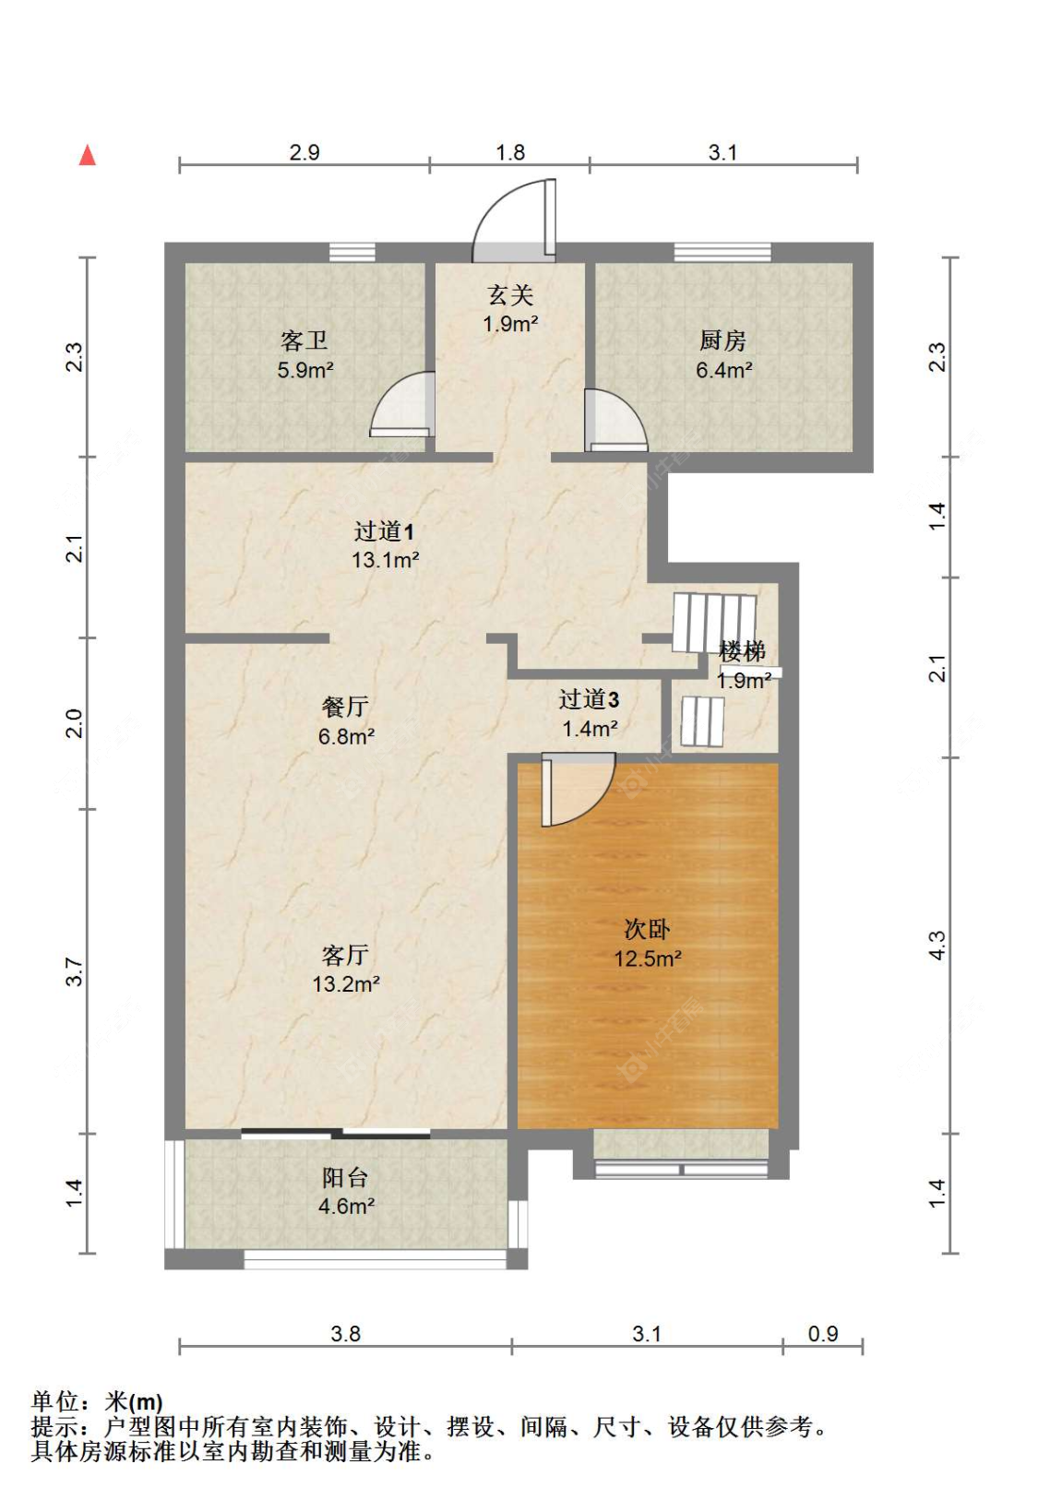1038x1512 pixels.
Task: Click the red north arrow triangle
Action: (x=88, y=155)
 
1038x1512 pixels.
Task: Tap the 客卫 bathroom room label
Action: (x=304, y=341)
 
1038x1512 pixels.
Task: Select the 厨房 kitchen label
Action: (x=722, y=341)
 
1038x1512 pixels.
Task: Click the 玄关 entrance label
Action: (x=510, y=296)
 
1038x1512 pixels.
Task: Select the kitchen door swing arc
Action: (x=614, y=421)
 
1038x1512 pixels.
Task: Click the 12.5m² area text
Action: (x=648, y=958)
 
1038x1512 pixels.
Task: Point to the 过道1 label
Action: (x=385, y=531)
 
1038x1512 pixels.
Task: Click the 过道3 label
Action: (x=589, y=700)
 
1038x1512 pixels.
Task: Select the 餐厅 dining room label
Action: (x=345, y=708)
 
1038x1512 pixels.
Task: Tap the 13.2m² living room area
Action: (x=346, y=984)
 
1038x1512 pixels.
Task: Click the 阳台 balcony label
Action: (x=345, y=1178)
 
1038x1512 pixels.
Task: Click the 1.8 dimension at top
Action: (x=510, y=152)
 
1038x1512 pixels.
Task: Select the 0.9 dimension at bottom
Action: (x=822, y=1334)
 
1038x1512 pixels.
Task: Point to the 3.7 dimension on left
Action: (x=74, y=971)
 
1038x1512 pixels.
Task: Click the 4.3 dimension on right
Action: (x=937, y=945)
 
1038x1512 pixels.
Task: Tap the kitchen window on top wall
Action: (x=722, y=252)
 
